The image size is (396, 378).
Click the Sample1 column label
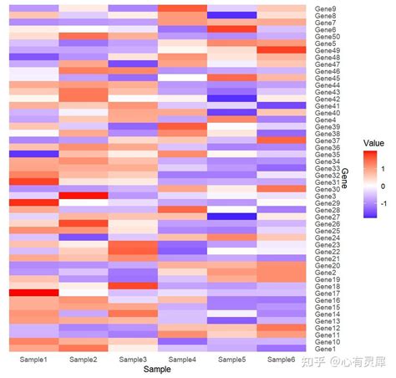pyautogui.click(x=33, y=360)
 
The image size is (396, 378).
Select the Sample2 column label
pyautogui.click(x=83, y=360)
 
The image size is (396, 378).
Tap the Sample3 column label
pyautogui.click(x=132, y=360)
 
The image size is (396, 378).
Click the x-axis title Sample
pyautogui.click(x=157, y=369)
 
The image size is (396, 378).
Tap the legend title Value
pyautogui.click(x=373, y=144)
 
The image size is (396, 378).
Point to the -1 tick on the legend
pyautogui.click(x=384, y=202)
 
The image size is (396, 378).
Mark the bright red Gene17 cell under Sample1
pyautogui.click(x=33, y=293)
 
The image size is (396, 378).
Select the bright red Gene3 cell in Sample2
pyautogui.click(x=83, y=196)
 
